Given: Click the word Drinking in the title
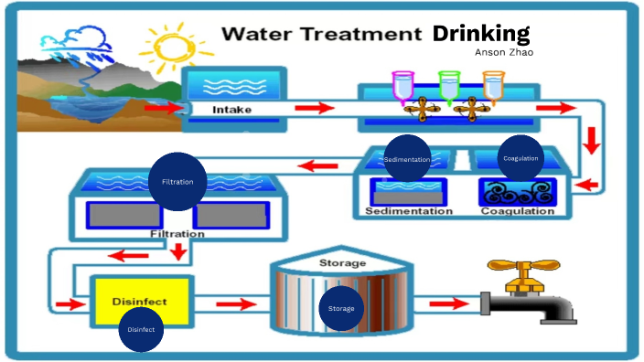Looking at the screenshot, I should point(481,34).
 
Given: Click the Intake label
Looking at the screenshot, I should point(231,110).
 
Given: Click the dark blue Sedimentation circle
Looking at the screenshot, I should point(407,158).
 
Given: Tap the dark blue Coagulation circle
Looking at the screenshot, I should point(521,158).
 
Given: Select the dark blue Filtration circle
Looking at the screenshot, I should point(177,181).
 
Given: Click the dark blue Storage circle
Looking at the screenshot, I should point(341,308).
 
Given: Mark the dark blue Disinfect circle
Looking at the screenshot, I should point(141,329).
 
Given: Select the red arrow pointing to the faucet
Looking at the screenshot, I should point(449,303).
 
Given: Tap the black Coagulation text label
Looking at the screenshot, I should point(518,211).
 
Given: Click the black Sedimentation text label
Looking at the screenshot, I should point(408,211).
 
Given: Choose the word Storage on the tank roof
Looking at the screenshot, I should point(342,263).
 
